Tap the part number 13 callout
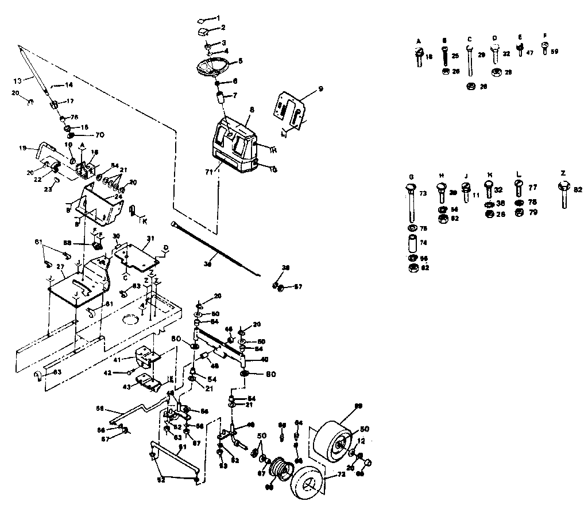pyautogui.click(x=17, y=80)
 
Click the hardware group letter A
pyautogui.click(x=419, y=41)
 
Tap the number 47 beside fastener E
pyautogui.click(x=529, y=52)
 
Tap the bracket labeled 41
pyautogui.click(x=146, y=359)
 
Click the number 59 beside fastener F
pyautogui.click(x=554, y=51)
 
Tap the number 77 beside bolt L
pyautogui.click(x=533, y=187)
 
